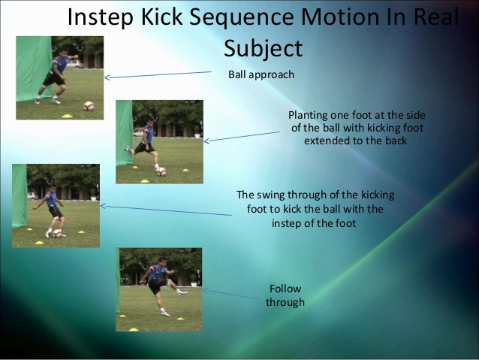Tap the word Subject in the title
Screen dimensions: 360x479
pyautogui.click(x=263, y=49)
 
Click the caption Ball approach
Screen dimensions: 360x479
pyautogui.click(x=261, y=75)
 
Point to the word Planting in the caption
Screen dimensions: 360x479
pyautogui.click(x=309, y=114)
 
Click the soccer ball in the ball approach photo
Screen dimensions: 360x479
pyautogui.click(x=89, y=105)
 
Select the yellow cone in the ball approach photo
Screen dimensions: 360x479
pyautogui.click(x=66, y=115)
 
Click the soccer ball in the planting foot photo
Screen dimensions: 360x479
pyautogui.click(x=161, y=171)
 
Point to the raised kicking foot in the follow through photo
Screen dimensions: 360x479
pyautogui.click(x=181, y=292)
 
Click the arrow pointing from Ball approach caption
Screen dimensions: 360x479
pyautogui.click(x=158, y=74)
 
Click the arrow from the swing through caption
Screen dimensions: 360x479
pyautogui.click(x=165, y=210)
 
